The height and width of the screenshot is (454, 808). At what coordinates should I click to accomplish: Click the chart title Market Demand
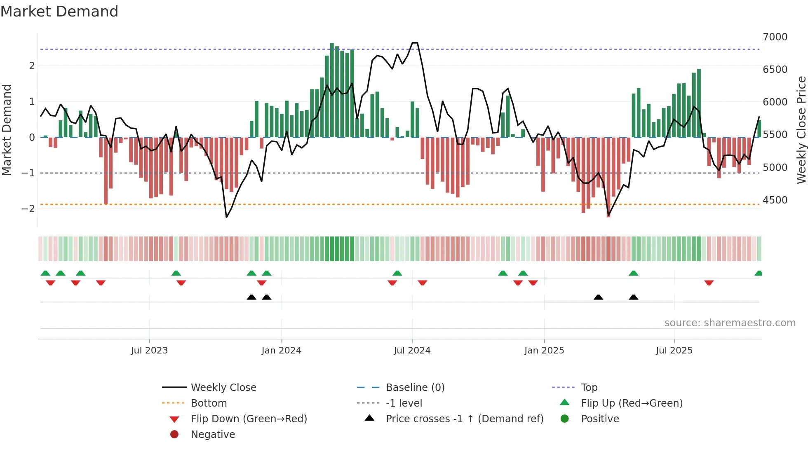pos(59,12)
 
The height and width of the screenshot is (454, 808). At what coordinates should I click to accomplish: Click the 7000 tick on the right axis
pos(775,37)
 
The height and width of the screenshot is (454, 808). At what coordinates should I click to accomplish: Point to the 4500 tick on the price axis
pos(775,200)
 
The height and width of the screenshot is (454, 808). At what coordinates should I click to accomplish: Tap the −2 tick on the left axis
pos(28,208)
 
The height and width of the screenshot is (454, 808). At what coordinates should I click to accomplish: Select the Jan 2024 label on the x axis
pos(281,351)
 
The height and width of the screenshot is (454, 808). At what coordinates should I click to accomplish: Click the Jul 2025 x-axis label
pos(674,351)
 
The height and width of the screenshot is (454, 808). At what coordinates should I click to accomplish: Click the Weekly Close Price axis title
pos(801,130)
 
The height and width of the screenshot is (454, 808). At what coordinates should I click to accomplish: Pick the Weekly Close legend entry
pos(223,388)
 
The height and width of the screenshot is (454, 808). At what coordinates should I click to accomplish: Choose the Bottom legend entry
pos(209,403)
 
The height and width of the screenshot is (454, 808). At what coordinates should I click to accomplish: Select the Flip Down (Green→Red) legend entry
pos(249,419)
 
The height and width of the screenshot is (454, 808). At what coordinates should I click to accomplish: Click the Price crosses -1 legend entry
pos(464,419)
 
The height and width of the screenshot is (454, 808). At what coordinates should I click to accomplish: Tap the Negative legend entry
pos(213,435)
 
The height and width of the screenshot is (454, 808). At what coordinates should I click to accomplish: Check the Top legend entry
pos(589,388)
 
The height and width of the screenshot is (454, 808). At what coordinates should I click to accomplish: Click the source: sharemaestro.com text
pos(730,323)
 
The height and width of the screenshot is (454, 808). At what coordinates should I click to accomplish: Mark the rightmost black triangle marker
pos(634,297)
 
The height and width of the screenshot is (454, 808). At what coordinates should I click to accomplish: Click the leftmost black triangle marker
pos(251,297)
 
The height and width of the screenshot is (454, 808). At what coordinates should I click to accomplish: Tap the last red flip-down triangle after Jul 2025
pos(709,283)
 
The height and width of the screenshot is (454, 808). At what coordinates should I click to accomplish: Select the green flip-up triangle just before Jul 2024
pos(397,273)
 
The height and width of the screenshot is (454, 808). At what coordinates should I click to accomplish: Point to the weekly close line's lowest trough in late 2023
pos(226,217)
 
